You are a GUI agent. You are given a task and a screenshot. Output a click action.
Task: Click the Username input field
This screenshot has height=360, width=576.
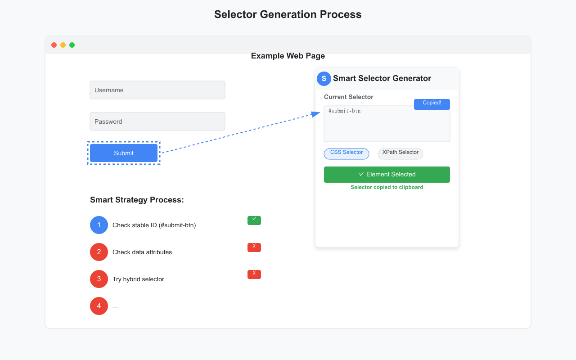tap(157, 90)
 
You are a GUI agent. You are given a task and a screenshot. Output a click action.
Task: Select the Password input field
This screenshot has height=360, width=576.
tap(157, 121)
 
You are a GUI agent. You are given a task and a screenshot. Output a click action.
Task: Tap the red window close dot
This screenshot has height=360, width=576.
tap(54, 45)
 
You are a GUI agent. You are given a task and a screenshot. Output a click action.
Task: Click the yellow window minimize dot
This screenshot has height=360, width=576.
tap(63, 45)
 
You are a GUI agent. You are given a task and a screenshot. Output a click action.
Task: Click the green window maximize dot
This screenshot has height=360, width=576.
tap(72, 45)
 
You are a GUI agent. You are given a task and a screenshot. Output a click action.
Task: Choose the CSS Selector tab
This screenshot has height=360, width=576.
tap(346, 154)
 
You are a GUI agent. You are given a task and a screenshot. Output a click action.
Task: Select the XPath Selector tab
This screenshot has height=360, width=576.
tap(400, 154)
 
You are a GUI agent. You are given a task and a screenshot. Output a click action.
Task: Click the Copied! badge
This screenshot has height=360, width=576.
tap(432, 104)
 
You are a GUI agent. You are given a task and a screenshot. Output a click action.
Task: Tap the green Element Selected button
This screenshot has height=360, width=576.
tap(387, 175)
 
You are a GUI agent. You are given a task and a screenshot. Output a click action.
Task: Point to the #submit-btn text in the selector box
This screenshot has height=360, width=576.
tap(345, 111)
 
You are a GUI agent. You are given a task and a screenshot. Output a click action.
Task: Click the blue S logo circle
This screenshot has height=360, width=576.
tap(324, 79)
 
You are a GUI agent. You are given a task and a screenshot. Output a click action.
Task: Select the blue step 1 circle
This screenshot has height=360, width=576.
tap(99, 225)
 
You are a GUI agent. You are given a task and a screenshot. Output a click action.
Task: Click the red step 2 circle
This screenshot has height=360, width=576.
tap(99, 252)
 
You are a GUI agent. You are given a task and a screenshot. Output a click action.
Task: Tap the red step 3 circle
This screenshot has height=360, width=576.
tap(99, 279)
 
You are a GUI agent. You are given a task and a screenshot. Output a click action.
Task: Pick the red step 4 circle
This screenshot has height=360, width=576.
tap(99, 306)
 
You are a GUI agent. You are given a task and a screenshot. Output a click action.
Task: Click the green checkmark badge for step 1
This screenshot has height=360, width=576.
tap(254, 220)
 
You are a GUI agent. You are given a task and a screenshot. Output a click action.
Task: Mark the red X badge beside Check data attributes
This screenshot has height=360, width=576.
tap(254, 247)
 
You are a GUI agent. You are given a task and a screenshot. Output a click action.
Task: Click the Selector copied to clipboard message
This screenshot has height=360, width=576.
tap(387, 187)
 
